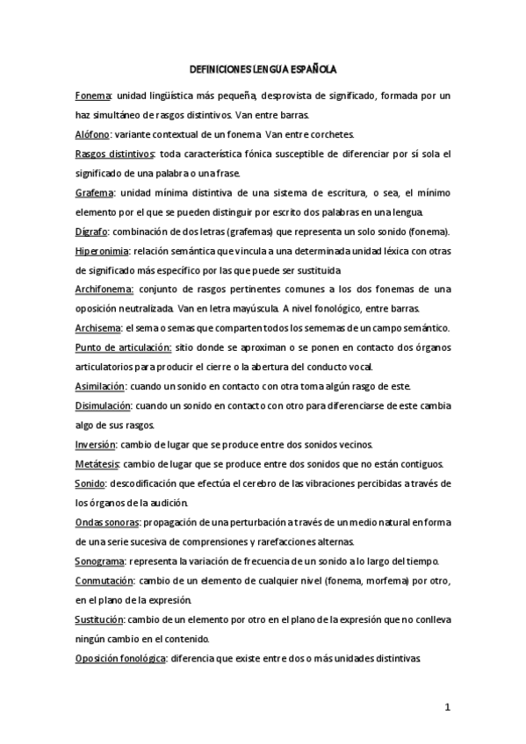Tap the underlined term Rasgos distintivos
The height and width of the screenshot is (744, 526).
[x=109, y=154]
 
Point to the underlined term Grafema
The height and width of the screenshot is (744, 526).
[x=94, y=192]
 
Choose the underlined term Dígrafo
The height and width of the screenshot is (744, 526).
[x=92, y=232]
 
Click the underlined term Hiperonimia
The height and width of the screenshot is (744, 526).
[x=101, y=251]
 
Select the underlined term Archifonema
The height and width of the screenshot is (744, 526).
[x=104, y=290]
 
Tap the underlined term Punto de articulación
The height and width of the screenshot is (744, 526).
[x=121, y=347]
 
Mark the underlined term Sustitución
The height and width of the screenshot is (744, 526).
[x=101, y=619]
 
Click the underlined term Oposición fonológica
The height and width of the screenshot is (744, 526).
[x=120, y=658]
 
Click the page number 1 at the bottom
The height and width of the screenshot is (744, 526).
[x=447, y=707]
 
